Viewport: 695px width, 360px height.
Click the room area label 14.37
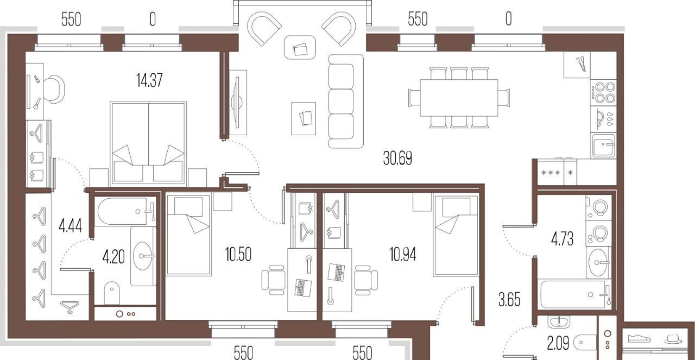(x=149, y=80)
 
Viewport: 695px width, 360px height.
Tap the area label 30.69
(x=397, y=158)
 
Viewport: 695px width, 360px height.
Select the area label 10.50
(x=238, y=255)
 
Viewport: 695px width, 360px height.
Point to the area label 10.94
(x=403, y=255)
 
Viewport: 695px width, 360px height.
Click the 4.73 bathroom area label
(x=562, y=239)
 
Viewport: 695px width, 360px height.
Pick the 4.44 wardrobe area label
(x=71, y=226)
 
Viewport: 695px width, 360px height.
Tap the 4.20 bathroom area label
(x=113, y=257)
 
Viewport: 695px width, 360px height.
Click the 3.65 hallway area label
(x=509, y=300)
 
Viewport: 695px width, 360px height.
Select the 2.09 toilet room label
(x=558, y=344)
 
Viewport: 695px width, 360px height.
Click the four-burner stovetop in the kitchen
(x=603, y=92)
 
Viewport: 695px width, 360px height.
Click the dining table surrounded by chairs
(x=459, y=98)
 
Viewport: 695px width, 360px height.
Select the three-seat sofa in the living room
(x=346, y=101)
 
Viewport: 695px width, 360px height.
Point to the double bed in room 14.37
(x=148, y=144)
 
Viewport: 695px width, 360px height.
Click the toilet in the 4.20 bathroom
(x=112, y=293)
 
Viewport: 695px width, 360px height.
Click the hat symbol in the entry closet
(x=673, y=339)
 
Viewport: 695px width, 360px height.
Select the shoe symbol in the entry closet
(x=639, y=339)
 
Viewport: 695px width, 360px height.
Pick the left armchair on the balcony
(x=264, y=29)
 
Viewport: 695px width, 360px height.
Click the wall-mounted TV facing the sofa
(x=238, y=103)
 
